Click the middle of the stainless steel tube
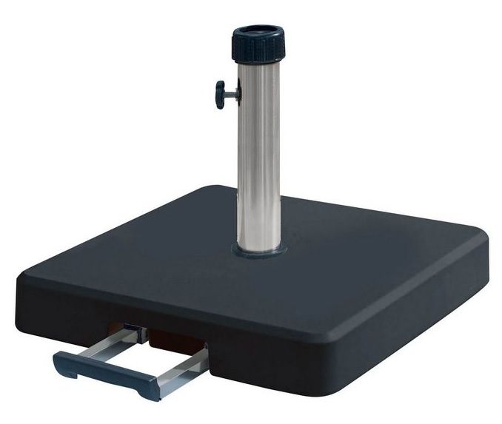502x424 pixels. pyautogui.click(x=259, y=155)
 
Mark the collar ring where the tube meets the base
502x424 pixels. pyautogui.click(x=259, y=249)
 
